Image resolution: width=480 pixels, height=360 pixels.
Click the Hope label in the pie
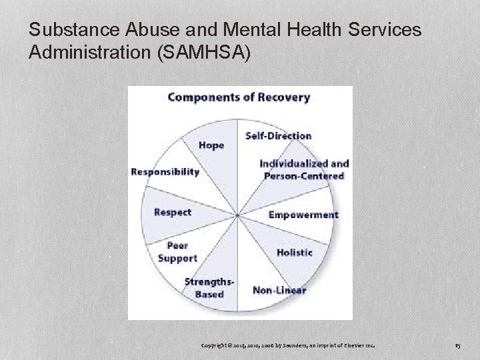211,145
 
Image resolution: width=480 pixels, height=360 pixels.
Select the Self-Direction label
278,135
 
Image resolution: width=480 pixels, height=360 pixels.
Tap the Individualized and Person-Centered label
304,169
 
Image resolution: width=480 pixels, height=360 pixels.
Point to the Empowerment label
303,215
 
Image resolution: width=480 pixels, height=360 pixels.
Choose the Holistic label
294,252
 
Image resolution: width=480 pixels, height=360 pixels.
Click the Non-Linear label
279,289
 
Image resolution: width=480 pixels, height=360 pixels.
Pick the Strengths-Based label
209,288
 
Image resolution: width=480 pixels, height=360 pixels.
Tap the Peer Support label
177,251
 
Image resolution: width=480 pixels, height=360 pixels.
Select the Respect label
172,212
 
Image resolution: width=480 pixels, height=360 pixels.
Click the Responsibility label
165,171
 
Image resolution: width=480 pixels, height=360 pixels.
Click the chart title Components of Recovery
239,97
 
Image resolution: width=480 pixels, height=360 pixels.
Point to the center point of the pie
238,215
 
